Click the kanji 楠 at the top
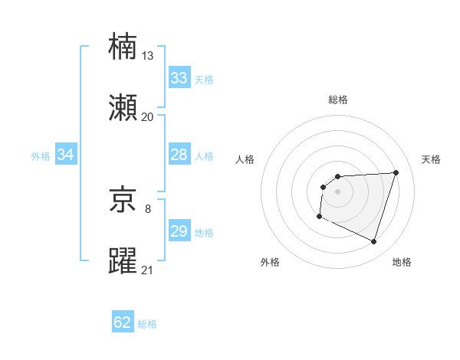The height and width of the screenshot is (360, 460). click(123, 47)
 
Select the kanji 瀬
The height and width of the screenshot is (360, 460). click(123, 108)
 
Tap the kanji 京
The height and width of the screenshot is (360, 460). click(123, 201)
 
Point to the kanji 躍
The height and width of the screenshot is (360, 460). click(123, 261)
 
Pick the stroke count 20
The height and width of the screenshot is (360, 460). click(148, 116)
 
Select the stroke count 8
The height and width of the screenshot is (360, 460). click(148, 208)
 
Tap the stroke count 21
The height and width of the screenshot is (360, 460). click(148, 270)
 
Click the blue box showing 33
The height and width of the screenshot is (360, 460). click(179, 78)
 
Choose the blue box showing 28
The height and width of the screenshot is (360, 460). click(179, 155)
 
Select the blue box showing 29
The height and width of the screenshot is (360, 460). click(179, 231)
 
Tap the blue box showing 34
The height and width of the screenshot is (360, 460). click(66, 155)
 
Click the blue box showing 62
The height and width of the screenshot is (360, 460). click(123, 322)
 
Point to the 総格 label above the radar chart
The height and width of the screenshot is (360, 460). click(337, 100)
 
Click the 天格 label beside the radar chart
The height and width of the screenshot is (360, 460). click(431, 159)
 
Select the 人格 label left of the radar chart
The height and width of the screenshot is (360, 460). click(245, 159)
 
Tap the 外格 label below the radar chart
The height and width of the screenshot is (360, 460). click(270, 262)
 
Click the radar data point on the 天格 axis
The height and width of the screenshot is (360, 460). click(396, 172)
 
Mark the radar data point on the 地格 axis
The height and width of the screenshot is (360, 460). click(373, 242)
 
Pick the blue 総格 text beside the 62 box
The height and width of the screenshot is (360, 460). click(147, 324)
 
